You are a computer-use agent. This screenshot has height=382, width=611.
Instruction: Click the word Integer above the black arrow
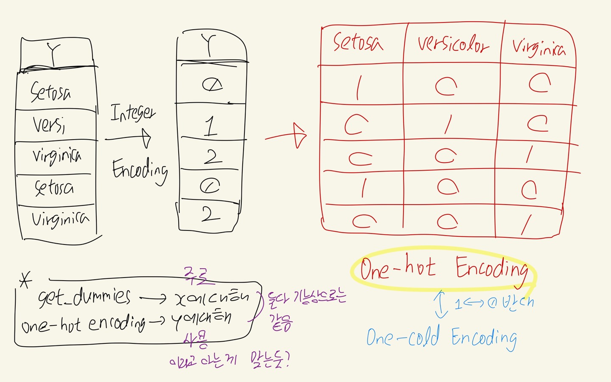click(x=132, y=112)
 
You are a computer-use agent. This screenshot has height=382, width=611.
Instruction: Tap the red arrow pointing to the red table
click(x=286, y=136)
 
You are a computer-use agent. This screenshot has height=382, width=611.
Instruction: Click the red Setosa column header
click(x=358, y=43)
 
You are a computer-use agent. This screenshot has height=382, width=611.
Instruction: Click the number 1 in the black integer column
click(x=210, y=126)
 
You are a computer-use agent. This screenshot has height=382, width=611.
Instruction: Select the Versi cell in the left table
click(x=49, y=125)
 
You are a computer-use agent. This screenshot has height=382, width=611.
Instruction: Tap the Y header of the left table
click(x=54, y=53)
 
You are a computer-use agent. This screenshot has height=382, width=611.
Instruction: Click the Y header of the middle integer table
click(x=209, y=46)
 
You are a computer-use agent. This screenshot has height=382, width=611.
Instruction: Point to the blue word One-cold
click(x=403, y=337)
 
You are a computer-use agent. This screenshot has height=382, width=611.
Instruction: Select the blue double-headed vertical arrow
click(x=441, y=304)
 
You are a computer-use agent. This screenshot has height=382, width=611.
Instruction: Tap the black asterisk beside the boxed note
click(x=25, y=280)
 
